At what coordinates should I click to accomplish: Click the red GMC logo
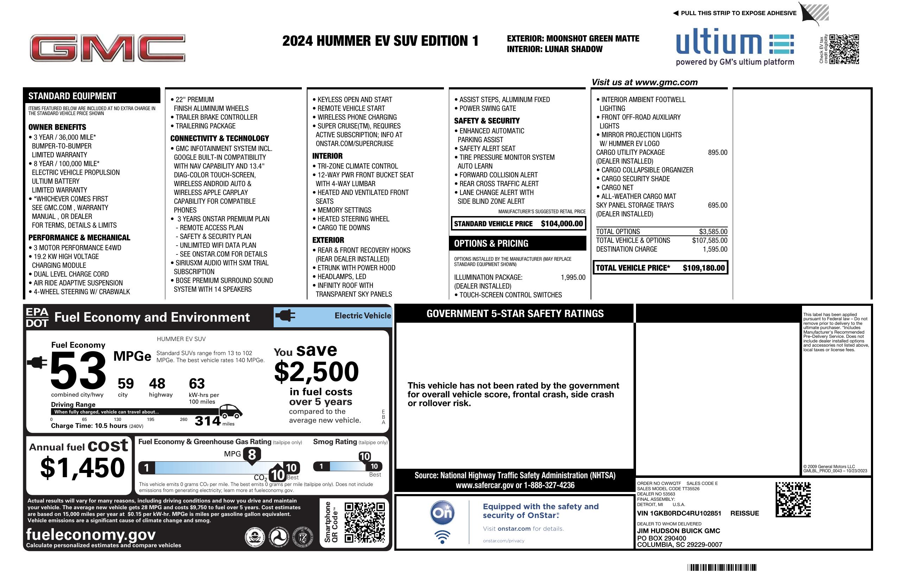107,48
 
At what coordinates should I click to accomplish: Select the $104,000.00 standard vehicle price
561,223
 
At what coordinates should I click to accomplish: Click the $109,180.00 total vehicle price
703,268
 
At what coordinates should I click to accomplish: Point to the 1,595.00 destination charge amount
715,249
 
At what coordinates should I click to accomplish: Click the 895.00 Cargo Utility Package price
717,152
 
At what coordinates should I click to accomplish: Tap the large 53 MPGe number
78,371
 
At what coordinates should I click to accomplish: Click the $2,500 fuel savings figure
316,372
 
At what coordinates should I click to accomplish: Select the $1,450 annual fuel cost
83,468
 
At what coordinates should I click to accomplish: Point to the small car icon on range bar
230,411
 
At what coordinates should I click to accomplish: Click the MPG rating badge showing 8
252,455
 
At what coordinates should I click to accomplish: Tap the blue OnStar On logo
442,513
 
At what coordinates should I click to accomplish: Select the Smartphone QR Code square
364,522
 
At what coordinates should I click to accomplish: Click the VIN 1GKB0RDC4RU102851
679,513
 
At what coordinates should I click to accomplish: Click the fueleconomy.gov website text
91,535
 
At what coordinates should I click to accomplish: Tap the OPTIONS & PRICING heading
491,244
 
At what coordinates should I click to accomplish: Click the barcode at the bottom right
721,567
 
